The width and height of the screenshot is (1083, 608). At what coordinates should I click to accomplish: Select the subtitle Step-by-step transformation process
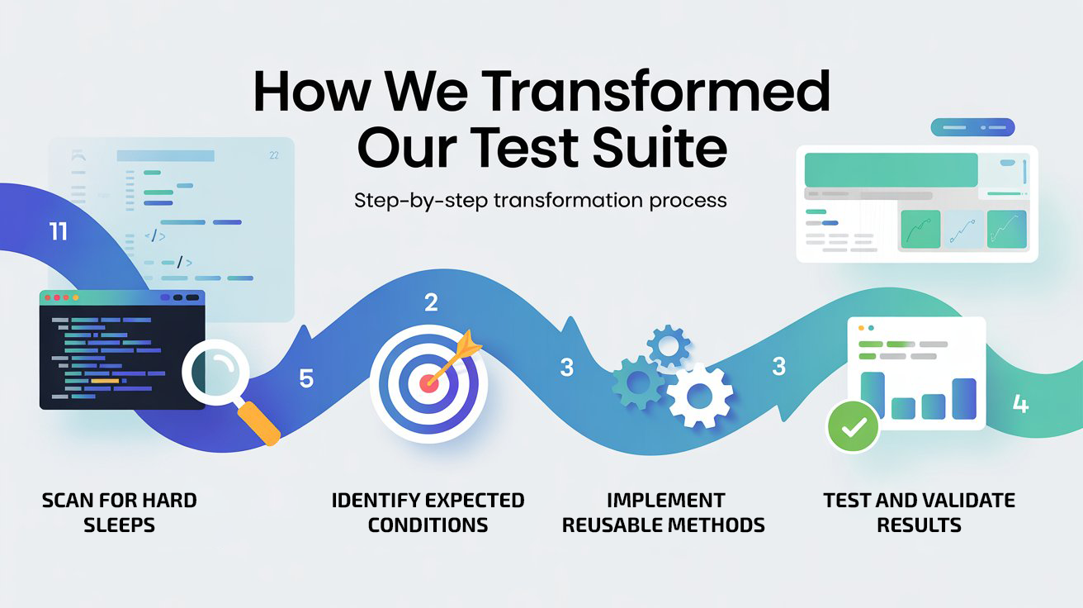pos(540,200)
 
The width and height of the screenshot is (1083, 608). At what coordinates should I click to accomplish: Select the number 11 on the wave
pos(58,232)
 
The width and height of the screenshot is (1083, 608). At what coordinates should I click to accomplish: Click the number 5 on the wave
pos(306,379)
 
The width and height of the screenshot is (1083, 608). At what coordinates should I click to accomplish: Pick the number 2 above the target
pos(431,303)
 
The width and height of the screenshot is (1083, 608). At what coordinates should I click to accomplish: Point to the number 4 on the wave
pos(1020,404)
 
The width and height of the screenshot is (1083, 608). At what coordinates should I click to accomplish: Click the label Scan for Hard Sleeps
pos(119,512)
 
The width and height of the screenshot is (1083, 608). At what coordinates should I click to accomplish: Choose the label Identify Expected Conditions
pos(428,512)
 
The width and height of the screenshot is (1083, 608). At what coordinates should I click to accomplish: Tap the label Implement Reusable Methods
pos(664,512)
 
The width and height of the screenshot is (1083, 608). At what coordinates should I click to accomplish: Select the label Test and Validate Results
pos(919,512)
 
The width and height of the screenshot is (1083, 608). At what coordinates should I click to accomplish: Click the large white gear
pos(700,394)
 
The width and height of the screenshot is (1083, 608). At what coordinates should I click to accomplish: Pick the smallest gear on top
pos(668,346)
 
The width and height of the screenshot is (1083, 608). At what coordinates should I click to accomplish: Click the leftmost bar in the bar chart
pos(873,396)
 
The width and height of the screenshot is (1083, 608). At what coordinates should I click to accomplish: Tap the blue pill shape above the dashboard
pos(972,127)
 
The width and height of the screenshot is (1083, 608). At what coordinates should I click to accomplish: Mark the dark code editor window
pos(122,349)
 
